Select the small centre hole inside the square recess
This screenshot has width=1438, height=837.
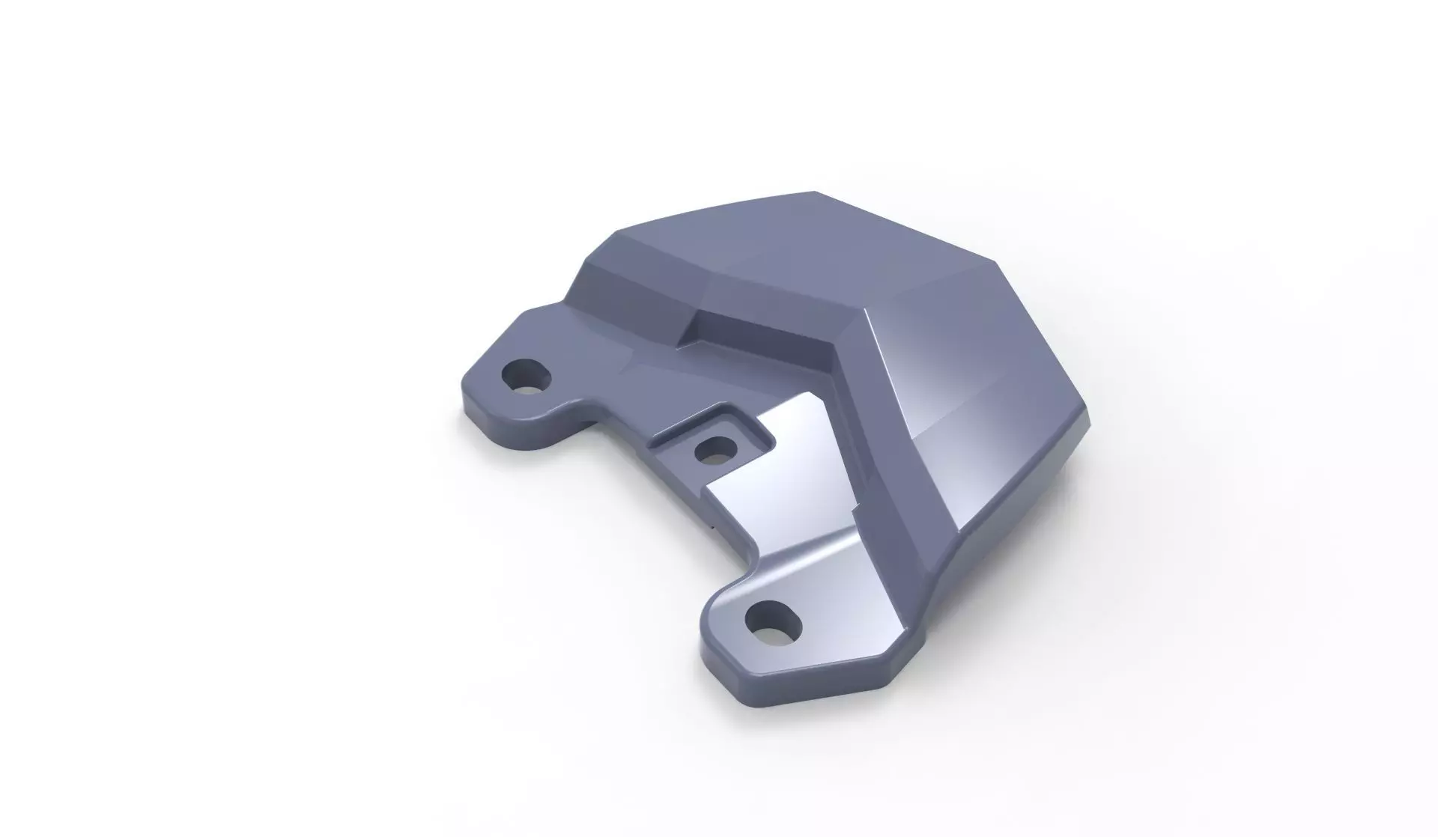[715, 451]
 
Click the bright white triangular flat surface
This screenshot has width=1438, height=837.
[779, 472]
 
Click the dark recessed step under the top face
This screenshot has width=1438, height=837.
[756, 329]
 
